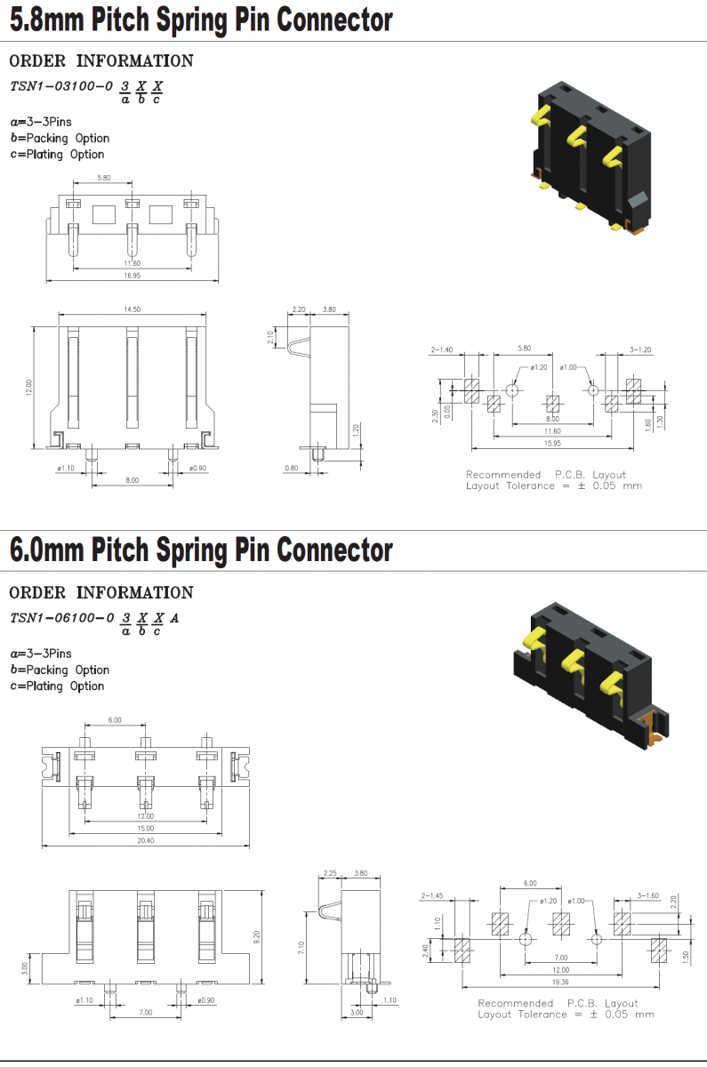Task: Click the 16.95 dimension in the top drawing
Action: pyautogui.click(x=132, y=276)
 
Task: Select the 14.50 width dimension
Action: pyautogui.click(x=133, y=309)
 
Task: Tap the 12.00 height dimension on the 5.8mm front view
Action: pyautogui.click(x=28, y=387)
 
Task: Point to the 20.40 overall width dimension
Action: pyautogui.click(x=145, y=840)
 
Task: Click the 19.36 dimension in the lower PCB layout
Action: pyautogui.click(x=559, y=982)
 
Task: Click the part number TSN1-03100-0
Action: pyautogui.click(x=61, y=86)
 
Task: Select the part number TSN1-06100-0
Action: pyautogui.click(x=61, y=618)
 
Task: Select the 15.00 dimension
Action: pyautogui.click(x=145, y=828)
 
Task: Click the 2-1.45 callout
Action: pyautogui.click(x=434, y=895)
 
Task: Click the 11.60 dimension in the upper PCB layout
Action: pyautogui.click(x=552, y=431)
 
